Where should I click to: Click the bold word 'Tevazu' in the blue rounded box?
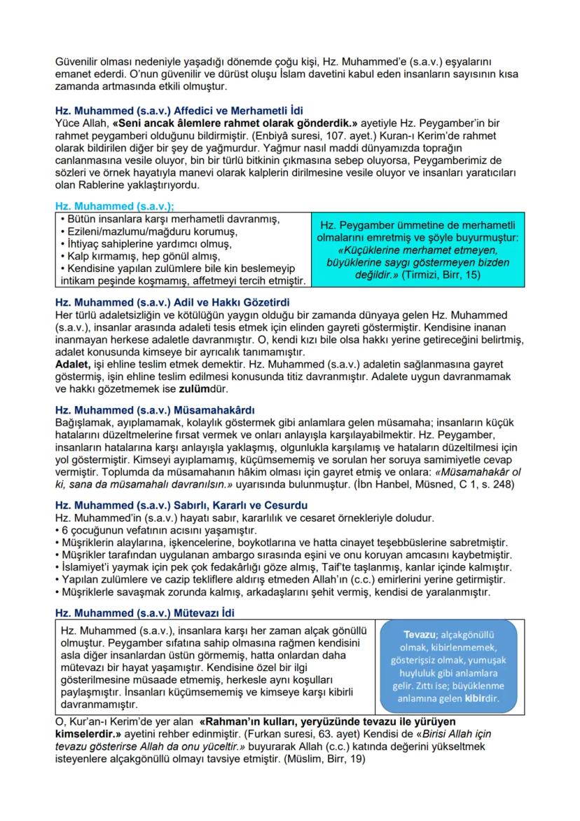(420, 635)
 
